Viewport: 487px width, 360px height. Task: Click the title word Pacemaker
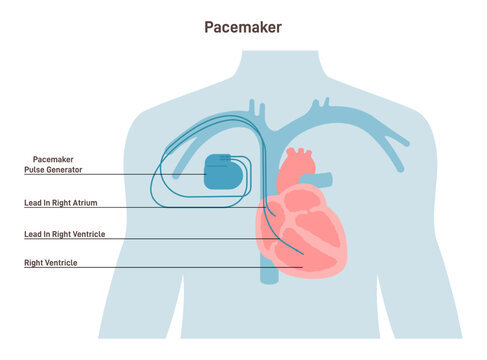point(243,27)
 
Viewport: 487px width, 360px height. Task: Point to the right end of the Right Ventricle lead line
point(290,238)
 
